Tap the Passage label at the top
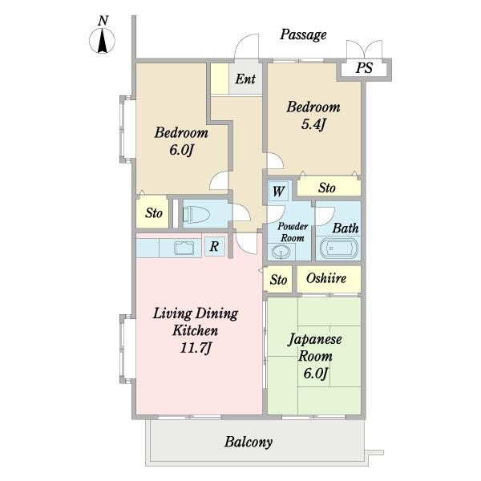pos(303,34)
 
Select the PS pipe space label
pos(364,68)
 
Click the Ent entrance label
pos(245,79)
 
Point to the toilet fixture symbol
pos(195,214)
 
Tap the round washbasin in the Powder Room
pos(281,253)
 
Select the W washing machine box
pos(278,192)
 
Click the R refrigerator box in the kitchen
pos(214,246)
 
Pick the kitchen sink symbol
pos(184,248)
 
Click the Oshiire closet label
pos(326,278)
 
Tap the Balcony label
pos(249,442)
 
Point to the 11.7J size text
pos(196,348)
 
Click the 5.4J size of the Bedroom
pos(313,124)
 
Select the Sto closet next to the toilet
pos(154,213)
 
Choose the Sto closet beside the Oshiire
pos(278,280)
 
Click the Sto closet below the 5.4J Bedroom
pos(329,188)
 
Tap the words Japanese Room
pos(315,348)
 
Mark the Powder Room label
pos(293,232)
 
